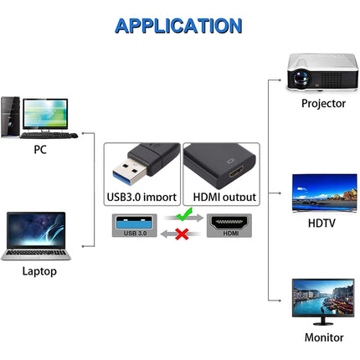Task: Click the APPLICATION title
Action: pyautogui.click(x=178, y=25)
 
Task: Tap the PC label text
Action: pyautogui.click(x=40, y=150)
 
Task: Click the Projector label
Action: pyautogui.click(x=323, y=104)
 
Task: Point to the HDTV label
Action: pyautogui.click(x=323, y=224)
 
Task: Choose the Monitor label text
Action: pyautogui.click(x=323, y=337)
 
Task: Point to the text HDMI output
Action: pyautogui.click(x=224, y=198)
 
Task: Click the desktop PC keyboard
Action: pyautogui.click(x=49, y=135)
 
